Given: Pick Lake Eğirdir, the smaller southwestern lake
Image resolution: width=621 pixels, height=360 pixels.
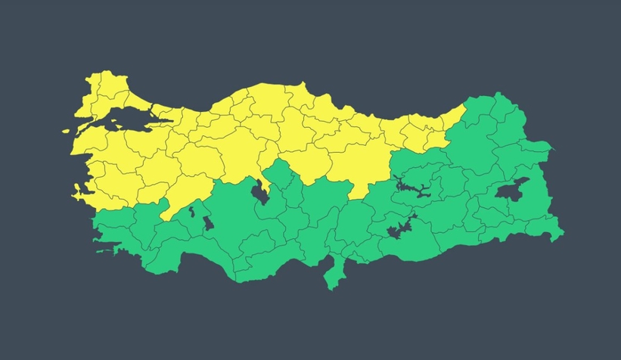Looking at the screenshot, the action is coord(192,211).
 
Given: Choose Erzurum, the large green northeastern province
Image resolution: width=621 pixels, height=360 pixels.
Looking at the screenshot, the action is coord(477,144).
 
